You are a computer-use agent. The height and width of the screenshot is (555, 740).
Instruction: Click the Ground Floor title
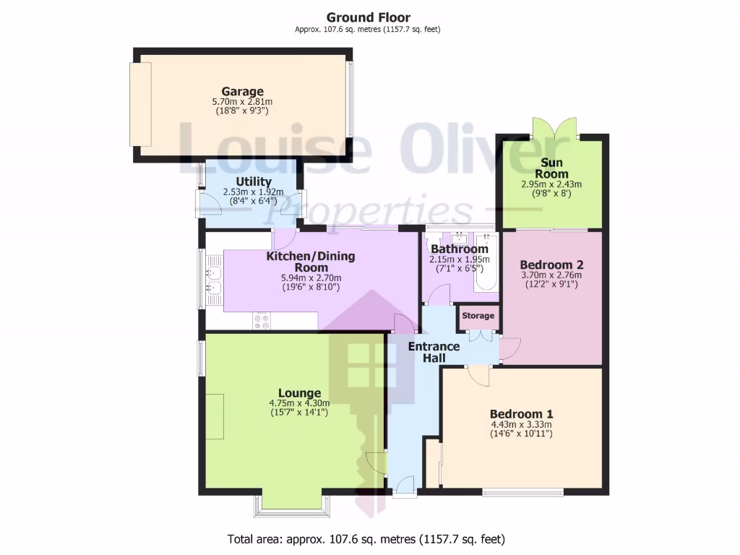369,17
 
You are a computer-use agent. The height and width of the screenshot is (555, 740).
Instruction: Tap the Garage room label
242,92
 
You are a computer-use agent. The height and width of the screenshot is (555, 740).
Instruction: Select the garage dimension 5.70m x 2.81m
242,103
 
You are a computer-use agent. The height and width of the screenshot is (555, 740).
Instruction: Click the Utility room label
254,181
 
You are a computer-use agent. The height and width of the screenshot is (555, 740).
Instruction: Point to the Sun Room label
551,169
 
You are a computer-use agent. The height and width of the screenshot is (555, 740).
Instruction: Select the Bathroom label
460,249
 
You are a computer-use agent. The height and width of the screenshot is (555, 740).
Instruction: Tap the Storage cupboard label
478,316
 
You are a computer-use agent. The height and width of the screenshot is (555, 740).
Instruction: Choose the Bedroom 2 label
551,264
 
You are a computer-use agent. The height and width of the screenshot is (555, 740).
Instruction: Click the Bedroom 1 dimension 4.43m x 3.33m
521,425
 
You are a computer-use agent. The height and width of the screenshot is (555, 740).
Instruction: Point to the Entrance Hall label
434,352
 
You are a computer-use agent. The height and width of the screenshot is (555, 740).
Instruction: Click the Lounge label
299,393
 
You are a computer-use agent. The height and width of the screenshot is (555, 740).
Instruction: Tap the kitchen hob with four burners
261,321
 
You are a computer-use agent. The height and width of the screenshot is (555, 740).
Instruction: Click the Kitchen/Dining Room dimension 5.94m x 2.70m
310,277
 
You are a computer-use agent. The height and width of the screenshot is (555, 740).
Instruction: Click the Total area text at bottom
366,539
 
